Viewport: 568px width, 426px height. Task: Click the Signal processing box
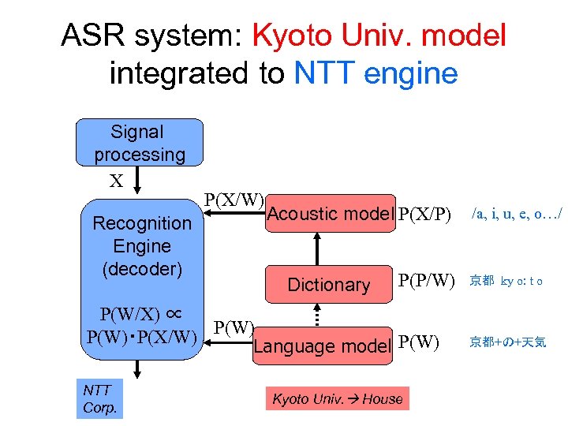139,143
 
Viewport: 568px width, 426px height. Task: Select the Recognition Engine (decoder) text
142,245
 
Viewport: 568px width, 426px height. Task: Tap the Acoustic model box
329,214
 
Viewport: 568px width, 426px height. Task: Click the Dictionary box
329,285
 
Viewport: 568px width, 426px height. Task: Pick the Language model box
323,346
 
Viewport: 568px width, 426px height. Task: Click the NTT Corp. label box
99,398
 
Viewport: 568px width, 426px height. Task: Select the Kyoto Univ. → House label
337,399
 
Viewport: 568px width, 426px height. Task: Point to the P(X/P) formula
425,214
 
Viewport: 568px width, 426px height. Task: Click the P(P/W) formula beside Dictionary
427,280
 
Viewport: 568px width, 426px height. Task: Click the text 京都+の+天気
508,342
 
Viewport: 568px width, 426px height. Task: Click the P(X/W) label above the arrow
234,199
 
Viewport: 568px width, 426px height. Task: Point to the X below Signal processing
116,181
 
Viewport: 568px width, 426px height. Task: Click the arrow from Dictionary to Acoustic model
317,249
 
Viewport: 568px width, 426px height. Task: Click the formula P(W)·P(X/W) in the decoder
141,338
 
